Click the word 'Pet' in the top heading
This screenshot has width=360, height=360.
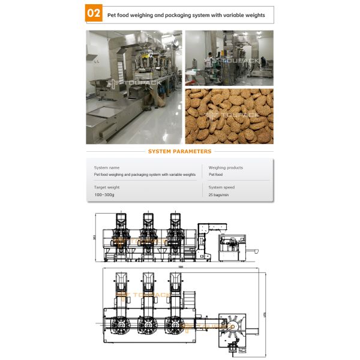(x=112, y=14)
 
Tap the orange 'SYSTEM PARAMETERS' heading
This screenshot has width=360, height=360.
(x=179, y=152)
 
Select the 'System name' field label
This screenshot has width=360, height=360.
(x=107, y=168)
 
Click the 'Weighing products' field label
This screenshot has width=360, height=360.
(x=226, y=168)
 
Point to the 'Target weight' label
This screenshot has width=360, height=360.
(x=107, y=188)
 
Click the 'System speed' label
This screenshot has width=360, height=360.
(x=221, y=188)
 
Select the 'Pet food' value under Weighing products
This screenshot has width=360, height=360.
(x=215, y=175)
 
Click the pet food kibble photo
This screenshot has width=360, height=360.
(x=229, y=116)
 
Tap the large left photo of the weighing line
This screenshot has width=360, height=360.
(x=133, y=87)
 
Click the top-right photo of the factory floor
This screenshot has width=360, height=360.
(x=229, y=58)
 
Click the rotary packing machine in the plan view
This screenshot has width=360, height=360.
(x=234, y=326)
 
